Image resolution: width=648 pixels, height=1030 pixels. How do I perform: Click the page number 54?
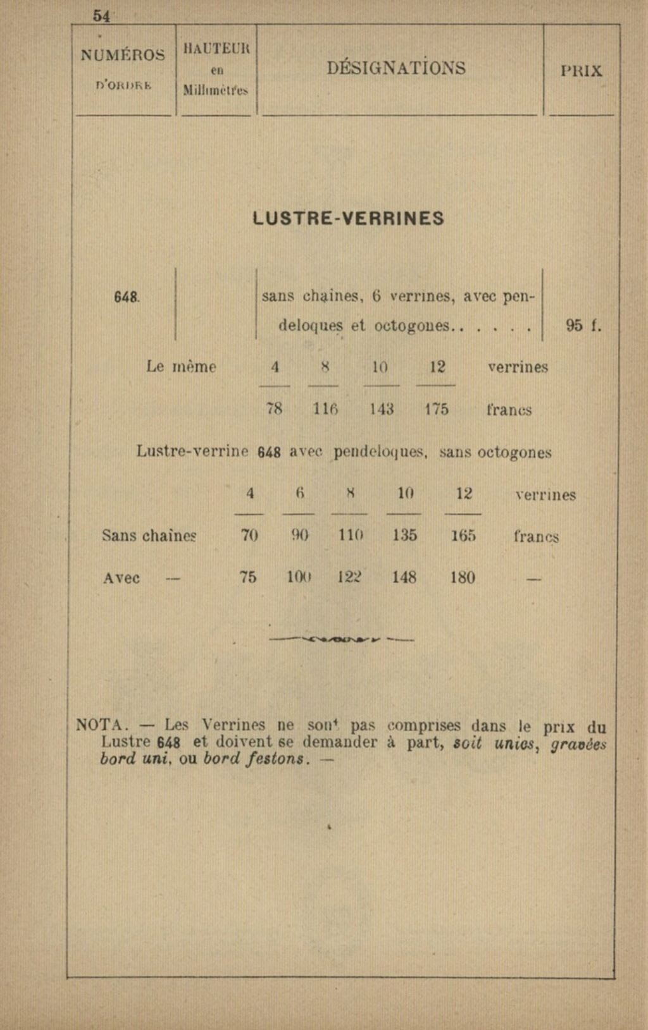(x=101, y=16)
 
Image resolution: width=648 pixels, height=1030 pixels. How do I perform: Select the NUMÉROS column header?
(x=123, y=55)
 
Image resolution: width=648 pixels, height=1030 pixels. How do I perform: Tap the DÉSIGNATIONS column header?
(x=396, y=68)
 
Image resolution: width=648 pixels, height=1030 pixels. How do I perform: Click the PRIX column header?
(x=581, y=71)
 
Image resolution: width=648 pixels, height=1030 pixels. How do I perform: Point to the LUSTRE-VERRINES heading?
(x=348, y=219)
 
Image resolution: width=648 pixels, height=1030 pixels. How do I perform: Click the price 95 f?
(x=583, y=326)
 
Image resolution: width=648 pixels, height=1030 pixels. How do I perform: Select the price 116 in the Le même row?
(x=325, y=409)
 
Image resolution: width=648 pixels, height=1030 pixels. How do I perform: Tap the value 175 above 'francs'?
(x=437, y=409)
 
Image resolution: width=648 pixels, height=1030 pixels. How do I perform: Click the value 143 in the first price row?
(x=382, y=409)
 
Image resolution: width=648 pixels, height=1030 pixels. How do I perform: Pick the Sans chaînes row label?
(x=149, y=536)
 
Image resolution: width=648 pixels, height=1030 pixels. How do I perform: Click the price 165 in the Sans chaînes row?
(x=463, y=536)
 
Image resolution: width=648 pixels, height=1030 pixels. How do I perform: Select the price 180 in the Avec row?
(x=463, y=577)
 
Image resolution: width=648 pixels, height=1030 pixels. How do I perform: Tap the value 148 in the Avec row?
(x=404, y=577)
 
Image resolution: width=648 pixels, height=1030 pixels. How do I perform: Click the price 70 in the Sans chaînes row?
(x=249, y=536)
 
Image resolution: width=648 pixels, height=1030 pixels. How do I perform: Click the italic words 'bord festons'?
(x=256, y=759)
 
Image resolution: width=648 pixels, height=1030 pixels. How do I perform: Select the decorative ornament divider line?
(x=342, y=639)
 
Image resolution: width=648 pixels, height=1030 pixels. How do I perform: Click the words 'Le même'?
(x=181, y=367)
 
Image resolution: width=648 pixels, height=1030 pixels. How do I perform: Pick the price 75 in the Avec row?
(x=248, y=577)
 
